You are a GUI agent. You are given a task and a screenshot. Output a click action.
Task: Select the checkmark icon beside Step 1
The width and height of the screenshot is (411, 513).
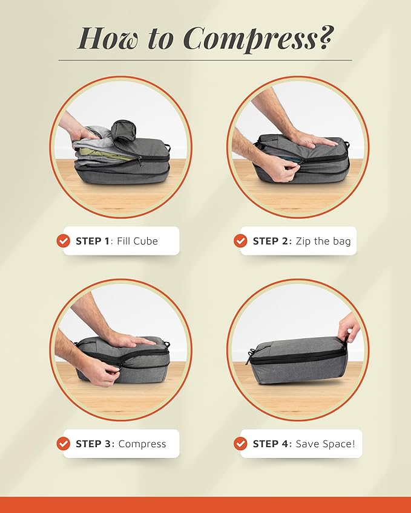coord(63,241)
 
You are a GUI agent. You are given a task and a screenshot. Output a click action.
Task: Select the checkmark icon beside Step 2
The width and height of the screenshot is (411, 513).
coord(240,241)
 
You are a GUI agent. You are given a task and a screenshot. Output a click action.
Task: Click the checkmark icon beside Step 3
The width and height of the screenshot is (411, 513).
coord(63,444)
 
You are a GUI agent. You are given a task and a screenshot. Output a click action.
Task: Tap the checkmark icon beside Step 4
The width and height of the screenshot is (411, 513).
coord(240,444)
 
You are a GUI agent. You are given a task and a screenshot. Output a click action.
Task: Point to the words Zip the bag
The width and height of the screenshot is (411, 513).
coord(323,241)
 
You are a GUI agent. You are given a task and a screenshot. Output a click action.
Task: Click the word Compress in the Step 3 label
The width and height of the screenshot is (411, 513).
coord(142,444)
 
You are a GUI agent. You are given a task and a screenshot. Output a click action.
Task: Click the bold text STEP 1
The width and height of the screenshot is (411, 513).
coord(93,241)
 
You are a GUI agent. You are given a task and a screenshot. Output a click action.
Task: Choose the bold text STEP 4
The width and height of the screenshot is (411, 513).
coord(271,444)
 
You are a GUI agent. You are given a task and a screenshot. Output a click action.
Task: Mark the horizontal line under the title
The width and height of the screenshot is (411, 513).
coord(205,60)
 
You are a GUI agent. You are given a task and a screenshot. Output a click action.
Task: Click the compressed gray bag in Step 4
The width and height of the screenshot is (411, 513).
coord(297,363)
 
